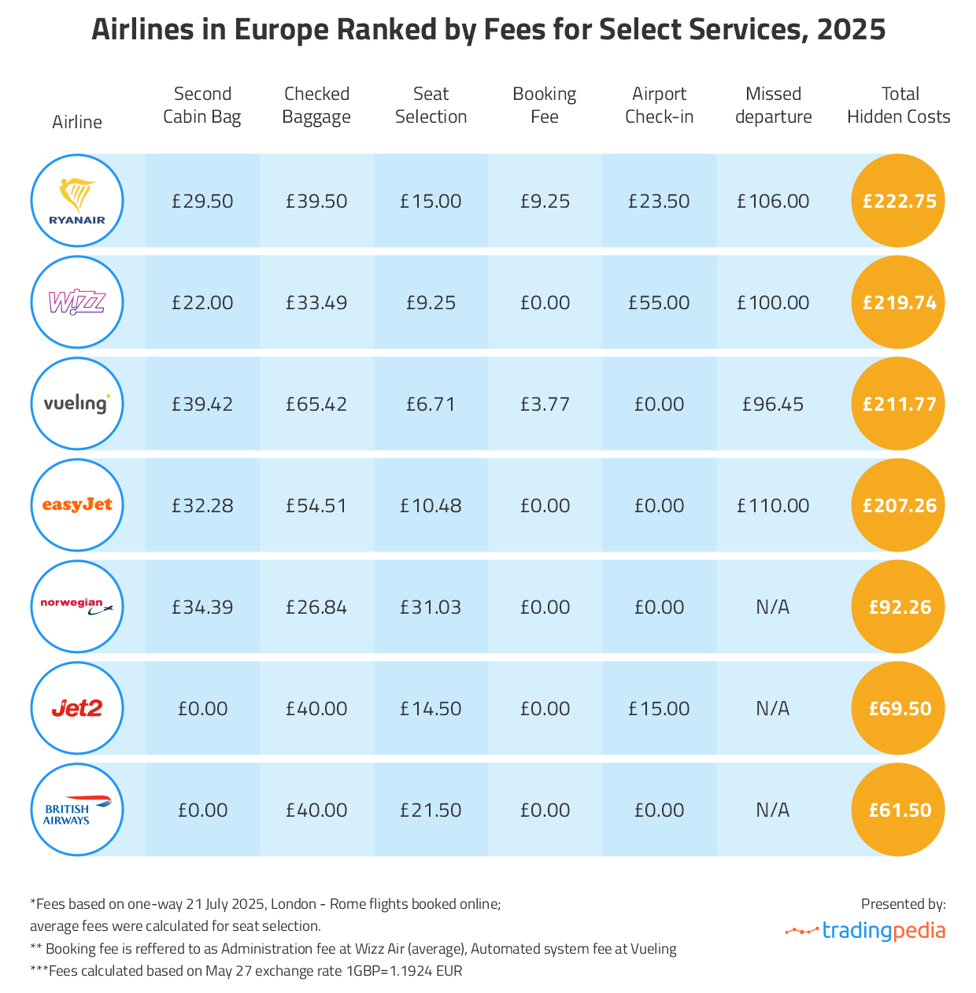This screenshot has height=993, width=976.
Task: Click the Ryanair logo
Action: coord(77,201)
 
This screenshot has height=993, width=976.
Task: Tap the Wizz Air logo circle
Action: coord(77,302)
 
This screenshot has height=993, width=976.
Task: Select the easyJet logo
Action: coord(77,505)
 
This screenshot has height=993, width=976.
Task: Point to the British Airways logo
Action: coord(77,810)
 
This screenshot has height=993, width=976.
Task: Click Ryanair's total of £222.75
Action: coord(899,201)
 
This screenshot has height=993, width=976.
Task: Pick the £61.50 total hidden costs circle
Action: coord(899,810)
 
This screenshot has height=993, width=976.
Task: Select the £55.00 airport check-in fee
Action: coord(659,303)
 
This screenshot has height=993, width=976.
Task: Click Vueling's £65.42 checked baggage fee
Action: coord(316,404)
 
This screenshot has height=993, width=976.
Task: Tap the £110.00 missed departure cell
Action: coord(773,506)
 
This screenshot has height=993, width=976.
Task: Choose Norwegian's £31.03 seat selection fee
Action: coord(431,607)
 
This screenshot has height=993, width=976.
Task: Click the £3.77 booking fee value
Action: coord(545,404)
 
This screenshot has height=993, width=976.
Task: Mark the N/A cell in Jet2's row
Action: coord(773,709)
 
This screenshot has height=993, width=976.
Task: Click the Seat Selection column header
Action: coord(431,105)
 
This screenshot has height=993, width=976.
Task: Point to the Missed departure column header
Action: coord(773,105)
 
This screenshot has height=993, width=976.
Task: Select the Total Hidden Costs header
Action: coord(899,105)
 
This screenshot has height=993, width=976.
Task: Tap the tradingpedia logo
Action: coord(866,931)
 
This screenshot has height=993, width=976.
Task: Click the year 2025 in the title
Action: coord(852,30)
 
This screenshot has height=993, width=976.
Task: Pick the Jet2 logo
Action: coord(77,709)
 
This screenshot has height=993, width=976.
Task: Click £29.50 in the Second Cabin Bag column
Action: coord(202,201)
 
